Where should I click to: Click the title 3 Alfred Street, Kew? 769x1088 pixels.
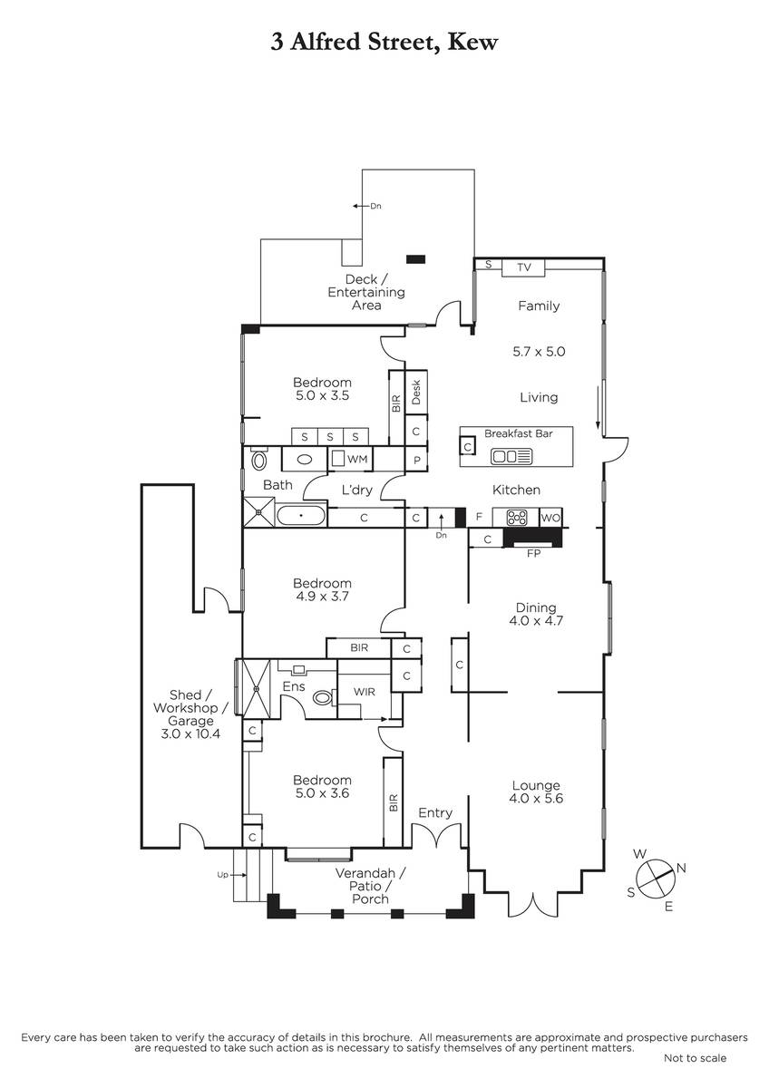(384, 43)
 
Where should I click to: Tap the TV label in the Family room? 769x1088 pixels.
(523, 267)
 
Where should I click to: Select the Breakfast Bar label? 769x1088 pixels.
(519, 433)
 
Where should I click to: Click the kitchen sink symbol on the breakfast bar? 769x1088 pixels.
(511, 456)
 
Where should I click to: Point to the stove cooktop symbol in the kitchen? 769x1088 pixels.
(516, 518)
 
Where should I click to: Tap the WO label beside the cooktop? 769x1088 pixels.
(550, 518)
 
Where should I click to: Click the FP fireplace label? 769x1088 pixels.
(533, 553)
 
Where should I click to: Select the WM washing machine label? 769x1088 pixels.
(357, 459)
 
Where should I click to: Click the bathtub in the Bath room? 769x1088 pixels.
(301, 515)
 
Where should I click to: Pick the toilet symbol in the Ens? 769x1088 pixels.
(323, 698)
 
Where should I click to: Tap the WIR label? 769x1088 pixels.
(364, 692)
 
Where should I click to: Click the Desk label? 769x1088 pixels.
(416, 393)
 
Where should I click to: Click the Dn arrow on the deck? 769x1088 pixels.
(360, 206)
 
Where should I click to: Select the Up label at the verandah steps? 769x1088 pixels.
(222, 875)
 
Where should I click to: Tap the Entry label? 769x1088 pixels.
(435, 812)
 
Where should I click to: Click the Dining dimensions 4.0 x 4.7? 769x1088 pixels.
(536, 620)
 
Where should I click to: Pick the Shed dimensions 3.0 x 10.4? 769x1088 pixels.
(190, 733)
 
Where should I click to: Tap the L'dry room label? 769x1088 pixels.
(356, 490)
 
